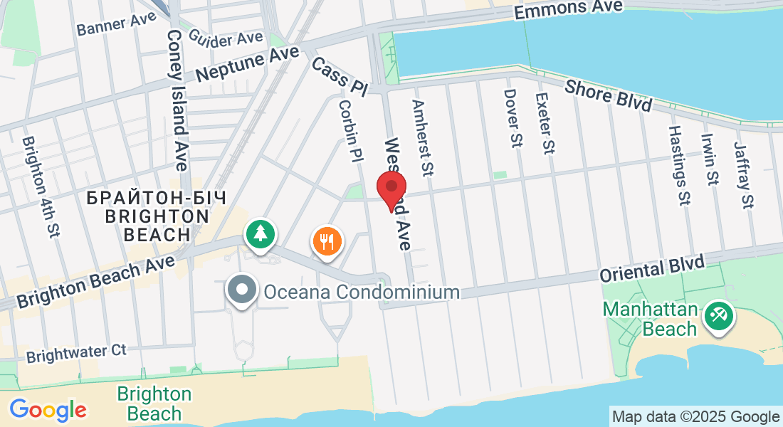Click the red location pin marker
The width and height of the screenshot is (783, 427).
click(x=391, y=189)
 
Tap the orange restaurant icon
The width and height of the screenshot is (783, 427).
click(x=327, y=241)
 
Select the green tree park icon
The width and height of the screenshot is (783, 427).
click(x=261, y=233)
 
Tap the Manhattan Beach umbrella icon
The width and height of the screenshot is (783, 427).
click(x=717, y=314)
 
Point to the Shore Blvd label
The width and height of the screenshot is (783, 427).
click(x=609, y=95)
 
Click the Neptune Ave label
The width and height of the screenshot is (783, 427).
click(x=238, y=65)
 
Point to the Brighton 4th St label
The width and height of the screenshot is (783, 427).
click(x=40, y=187)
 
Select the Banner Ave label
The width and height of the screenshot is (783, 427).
click(x=116, y=23)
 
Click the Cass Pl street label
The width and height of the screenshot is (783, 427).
click(x=339, y=76)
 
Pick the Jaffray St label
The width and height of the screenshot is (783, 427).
click(x=742, y=174)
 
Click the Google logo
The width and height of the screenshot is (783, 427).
click(x=48, y=409)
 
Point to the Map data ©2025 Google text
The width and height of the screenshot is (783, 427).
click(x=695, y=417)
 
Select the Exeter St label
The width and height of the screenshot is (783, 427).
click(x=545, y=123)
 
